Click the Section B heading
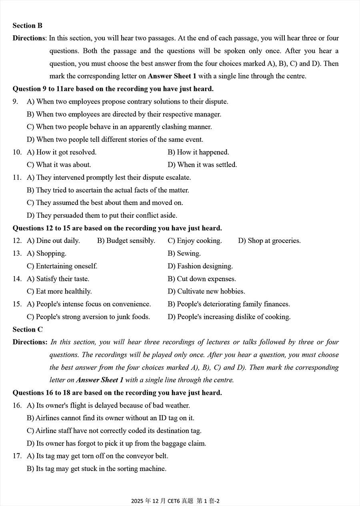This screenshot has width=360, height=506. [x=27, y=26]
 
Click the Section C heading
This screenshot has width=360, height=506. [x=27, y=329]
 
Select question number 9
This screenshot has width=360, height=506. [x=15, y=102]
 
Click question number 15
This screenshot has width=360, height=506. [x=17, y=304]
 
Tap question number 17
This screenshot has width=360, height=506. [x=17, y=456]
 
